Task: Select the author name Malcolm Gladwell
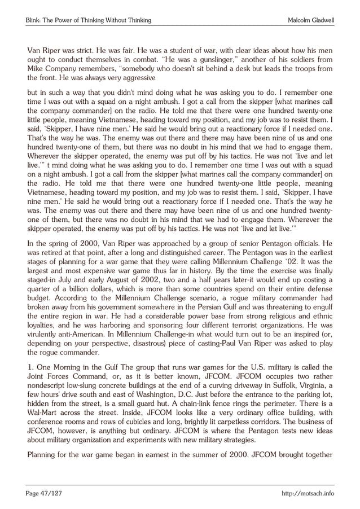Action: tap(311, 20)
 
